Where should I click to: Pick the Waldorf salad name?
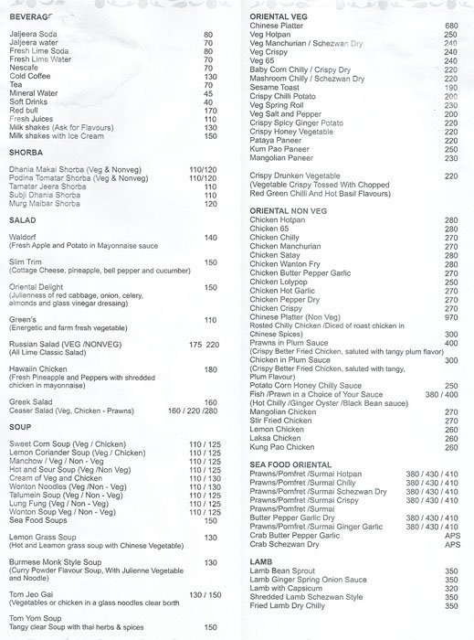pyautogui.click(x=24, y=237)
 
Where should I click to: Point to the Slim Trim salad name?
pyautogui.click(x=26, y=262)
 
